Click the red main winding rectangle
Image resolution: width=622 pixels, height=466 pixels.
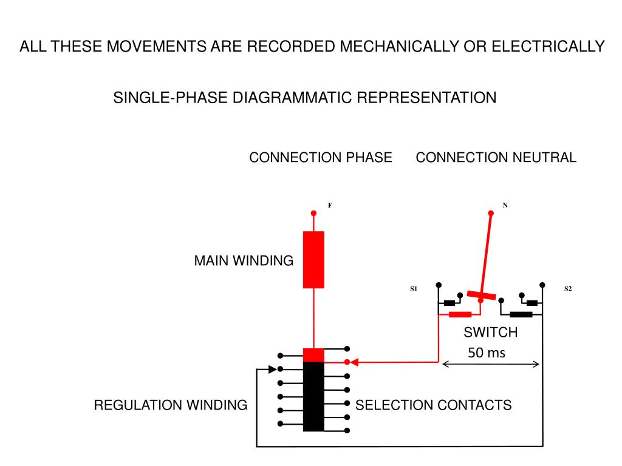point(313,260)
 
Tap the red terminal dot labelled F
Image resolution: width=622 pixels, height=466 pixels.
point(313,213)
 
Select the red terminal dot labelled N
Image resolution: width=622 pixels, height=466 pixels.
point(491,213)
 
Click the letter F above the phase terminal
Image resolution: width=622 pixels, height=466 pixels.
point(330,205)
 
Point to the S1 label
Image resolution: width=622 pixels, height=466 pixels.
point(413,289)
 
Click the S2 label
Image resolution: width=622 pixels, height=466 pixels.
point(568,289)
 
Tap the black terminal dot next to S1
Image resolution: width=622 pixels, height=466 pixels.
point(439,285)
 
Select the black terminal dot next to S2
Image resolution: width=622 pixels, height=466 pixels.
point(542,285)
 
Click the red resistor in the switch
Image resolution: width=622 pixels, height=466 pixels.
point(460,315)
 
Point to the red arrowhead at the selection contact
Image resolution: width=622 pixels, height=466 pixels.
point(354,362)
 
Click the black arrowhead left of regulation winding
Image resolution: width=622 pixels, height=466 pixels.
point(273,370)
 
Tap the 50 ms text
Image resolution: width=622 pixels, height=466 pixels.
point(487,353)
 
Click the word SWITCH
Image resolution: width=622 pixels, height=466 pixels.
point(491,332)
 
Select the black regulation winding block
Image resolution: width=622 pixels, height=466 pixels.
point(313,397)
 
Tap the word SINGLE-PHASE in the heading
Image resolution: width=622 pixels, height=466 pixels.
point(171,98)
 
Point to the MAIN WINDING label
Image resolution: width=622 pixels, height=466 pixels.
point(244,261)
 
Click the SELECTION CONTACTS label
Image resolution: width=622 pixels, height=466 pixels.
point(433,405)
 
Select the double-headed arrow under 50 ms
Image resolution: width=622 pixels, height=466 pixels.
point(491,364)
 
